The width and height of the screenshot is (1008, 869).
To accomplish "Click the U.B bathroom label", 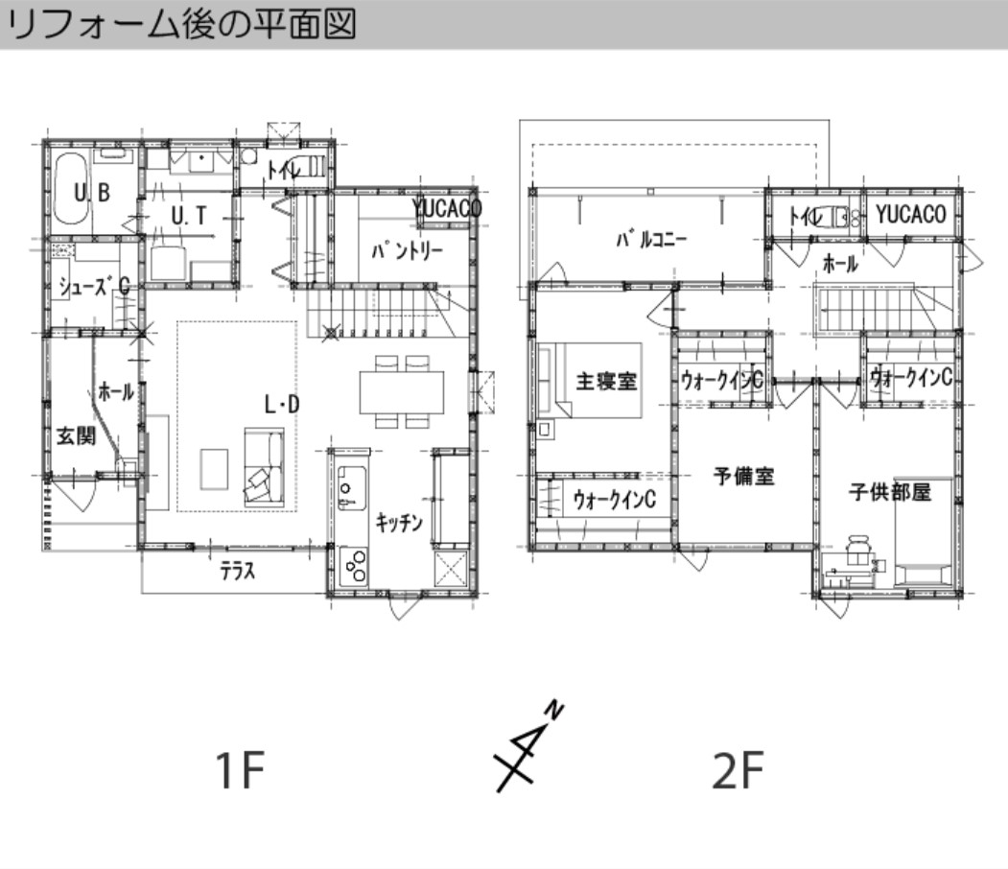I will coord(93,194).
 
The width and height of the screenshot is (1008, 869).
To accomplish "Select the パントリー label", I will coord(407,251).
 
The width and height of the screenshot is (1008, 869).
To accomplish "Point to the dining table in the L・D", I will coord(403,391).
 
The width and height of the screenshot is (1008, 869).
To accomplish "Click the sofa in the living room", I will coord(265,466).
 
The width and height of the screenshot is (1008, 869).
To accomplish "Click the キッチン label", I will coord(399,524).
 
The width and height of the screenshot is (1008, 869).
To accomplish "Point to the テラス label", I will coord(237,573).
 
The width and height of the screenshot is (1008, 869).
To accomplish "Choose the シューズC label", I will coord(93,285).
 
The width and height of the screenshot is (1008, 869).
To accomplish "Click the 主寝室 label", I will coord(606,381).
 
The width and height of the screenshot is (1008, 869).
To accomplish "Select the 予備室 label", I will coord(743,476).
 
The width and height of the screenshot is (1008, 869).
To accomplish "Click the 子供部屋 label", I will coord(889,493).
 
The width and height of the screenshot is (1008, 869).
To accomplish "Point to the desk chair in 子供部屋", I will coord(859,552).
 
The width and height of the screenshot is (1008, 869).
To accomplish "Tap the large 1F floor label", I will coord(239,771).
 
